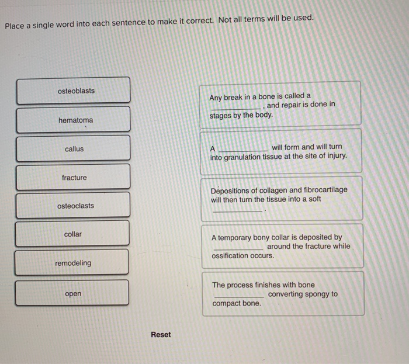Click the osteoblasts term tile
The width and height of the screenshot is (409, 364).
click(x=74, y=91)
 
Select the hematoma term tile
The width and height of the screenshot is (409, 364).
click(x=74, y=120)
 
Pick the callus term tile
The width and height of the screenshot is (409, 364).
click(x=74, y=149)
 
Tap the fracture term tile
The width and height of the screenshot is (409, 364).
click(x=74, y=178)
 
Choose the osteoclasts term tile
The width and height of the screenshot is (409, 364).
click(x=74, y=206)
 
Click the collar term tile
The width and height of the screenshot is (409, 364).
click(x=72, y=234)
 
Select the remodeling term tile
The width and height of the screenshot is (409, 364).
click(x=72, y=263)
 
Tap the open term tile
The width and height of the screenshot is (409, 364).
click(x=72, y=294)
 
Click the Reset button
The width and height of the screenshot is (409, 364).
click(x=161, y=335)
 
